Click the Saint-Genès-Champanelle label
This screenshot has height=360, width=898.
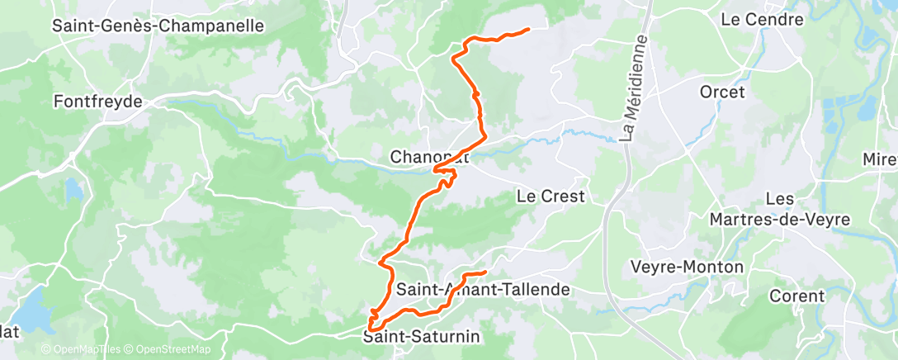point(158,26)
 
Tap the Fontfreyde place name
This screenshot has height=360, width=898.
point(97,102)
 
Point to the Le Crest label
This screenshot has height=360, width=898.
point(551,197)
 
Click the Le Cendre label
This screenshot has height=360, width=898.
point(756,18)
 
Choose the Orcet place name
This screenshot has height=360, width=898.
point(722,92)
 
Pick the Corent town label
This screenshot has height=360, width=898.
point(796,296)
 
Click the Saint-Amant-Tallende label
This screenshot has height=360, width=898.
point(483,290)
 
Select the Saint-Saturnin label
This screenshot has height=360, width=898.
point(422,337)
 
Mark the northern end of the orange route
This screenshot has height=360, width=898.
point(527,31)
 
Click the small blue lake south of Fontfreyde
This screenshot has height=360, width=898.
point(75,191)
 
